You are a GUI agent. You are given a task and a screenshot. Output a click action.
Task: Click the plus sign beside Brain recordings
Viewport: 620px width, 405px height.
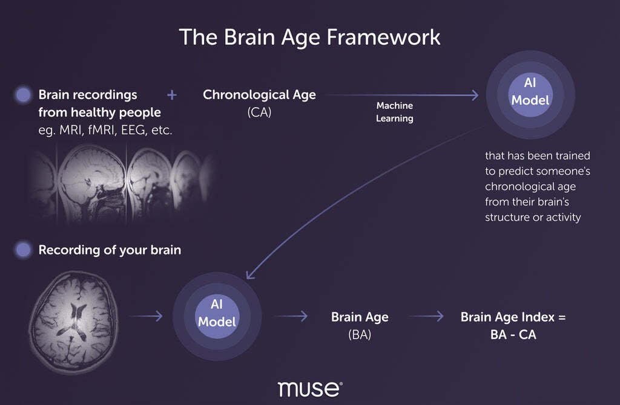coord(171,95)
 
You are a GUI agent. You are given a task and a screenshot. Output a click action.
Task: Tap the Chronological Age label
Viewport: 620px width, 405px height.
coord(259,95)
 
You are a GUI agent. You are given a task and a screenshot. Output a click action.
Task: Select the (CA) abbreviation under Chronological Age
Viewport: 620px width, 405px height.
coord(259,112)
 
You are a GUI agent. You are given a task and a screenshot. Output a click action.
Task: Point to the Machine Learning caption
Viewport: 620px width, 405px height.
coord(395,112)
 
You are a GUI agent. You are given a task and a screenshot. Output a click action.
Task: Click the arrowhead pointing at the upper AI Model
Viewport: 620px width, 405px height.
coord(475,95)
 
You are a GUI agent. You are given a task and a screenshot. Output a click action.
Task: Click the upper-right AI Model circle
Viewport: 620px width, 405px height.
coord(530,95)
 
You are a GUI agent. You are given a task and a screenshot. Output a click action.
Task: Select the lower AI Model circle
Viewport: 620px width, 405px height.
coord(217,316)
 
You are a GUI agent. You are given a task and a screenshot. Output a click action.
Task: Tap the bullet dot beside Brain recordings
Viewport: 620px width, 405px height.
coord(23,95)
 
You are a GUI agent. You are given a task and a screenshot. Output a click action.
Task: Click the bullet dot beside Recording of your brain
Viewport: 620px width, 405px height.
coord(23,250)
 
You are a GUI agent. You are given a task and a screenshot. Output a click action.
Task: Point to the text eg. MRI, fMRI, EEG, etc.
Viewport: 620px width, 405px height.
coord(105,130)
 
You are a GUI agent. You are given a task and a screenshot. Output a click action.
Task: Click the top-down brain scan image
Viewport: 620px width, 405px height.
coord(73,322)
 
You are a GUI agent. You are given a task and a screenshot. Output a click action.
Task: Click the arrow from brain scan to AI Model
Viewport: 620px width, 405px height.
coord(145,316)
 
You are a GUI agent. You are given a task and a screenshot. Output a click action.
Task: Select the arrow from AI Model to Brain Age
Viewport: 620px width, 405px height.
coord(291,316)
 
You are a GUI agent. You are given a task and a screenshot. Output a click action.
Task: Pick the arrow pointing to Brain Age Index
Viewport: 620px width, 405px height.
coord(426,316)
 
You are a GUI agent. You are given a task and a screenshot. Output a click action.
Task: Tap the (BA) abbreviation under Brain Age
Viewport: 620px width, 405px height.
coord(360,335)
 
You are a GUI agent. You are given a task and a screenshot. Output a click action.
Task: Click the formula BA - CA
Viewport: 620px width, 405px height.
coord(513,335)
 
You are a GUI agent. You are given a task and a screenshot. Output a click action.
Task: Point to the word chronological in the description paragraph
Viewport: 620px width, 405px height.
coord(530,187)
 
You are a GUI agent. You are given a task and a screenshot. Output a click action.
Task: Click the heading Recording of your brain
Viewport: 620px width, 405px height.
coord(110,250)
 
